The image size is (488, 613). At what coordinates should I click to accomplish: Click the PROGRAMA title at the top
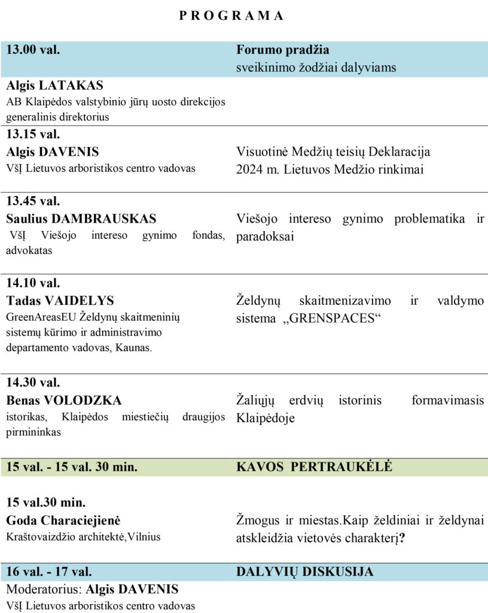[231, 16]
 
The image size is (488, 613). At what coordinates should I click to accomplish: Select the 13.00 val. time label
[33, 50]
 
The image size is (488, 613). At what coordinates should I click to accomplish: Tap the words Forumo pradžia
[283, 50]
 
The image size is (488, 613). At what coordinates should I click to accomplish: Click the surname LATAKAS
[72, 86]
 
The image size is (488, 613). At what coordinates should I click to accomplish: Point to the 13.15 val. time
[33, 133]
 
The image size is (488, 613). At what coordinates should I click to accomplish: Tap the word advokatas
[28, 250]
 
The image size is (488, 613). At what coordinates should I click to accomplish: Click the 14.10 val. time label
[33, 283]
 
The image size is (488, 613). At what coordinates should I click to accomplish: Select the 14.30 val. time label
[33, 383]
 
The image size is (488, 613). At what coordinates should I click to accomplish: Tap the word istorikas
[23, 417]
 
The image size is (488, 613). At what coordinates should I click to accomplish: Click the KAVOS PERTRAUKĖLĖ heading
[315, 467]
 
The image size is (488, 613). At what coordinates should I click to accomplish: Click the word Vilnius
[143, 537]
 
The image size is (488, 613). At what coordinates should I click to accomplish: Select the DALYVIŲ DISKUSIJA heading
[305, 572]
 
